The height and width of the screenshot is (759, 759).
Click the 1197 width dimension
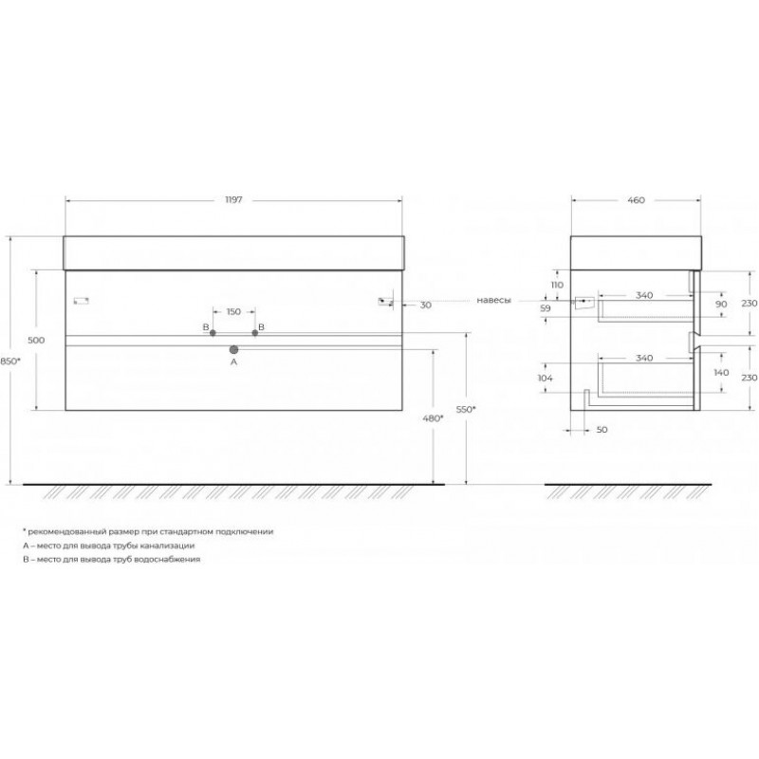[233, 200]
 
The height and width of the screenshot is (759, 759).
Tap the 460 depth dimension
[636, 200]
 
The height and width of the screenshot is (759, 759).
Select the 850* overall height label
[10, 361]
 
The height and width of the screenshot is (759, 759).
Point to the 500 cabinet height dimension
[36, 341]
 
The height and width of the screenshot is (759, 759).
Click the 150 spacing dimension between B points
[233, 312]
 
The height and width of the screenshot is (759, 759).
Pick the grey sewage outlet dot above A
[233, 349]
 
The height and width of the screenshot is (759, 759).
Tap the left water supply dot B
[213, 333]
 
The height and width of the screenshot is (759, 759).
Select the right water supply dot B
[255, 333]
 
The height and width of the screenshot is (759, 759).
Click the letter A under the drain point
[233, 361]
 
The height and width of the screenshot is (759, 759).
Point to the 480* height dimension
[433, 418]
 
